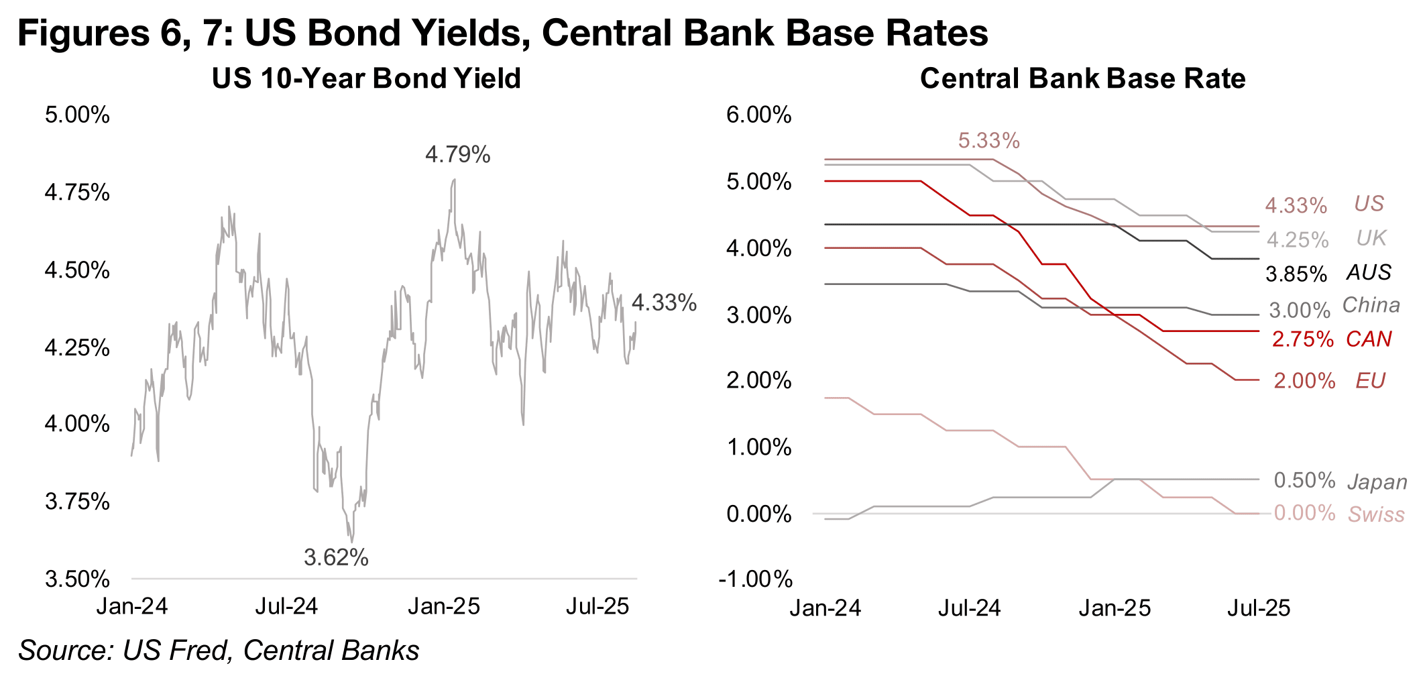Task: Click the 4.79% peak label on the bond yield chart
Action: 457,155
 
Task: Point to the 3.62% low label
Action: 336,557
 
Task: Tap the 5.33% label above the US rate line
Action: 988,141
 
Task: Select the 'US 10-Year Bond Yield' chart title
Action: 366,78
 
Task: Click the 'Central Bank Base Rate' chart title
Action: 1082,78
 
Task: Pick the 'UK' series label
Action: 1371,238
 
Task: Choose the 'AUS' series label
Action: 1369,272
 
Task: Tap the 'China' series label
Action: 1371,305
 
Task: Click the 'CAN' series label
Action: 1369,339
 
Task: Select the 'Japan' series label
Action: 1377,482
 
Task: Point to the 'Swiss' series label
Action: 1376,514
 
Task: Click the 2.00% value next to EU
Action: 1304,381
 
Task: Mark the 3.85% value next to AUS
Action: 1296,274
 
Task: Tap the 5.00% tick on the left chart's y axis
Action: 77,115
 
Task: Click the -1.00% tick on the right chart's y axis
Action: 755,579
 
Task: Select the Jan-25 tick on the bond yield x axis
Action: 444,606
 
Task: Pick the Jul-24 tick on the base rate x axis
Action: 969,608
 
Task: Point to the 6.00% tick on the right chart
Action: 758,115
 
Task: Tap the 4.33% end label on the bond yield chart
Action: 664,303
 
